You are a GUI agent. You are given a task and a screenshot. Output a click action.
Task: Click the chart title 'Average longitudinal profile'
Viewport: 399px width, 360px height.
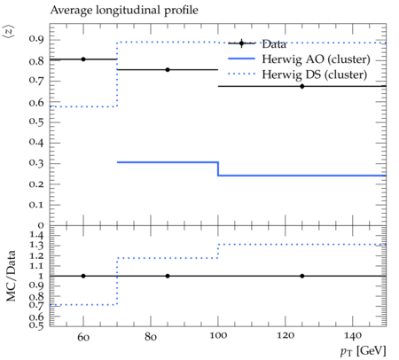coord(124,10)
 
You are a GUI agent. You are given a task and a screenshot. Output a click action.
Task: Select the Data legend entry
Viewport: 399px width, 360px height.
coord(257,43)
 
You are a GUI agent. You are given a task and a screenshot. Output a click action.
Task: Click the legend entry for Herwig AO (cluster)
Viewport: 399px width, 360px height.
coord(299,59)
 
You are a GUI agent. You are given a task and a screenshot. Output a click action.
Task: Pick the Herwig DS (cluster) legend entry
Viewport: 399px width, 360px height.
coord(298,74)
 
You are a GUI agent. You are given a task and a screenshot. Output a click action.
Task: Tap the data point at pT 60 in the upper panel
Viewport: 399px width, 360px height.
coord(83,59)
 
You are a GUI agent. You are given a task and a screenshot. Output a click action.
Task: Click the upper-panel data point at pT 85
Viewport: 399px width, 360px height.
coord(168,70)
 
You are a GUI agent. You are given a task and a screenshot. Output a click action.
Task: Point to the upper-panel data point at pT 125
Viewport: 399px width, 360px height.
coord(302,86)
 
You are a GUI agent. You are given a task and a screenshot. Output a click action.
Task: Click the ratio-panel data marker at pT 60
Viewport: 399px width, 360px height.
coord(83,276)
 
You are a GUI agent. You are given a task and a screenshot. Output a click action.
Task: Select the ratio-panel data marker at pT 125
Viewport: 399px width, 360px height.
coord(302,276)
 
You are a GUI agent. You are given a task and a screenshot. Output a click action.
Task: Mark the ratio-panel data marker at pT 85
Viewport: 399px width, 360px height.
coord(168,276)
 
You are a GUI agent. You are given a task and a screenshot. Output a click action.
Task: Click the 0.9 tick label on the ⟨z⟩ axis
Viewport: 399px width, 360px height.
coord(36,39)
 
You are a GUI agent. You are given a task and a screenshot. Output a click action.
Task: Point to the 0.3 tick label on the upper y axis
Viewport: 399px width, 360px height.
coord(36,163)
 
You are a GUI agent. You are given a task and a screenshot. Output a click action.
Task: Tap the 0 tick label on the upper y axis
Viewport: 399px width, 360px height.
coord(41,225)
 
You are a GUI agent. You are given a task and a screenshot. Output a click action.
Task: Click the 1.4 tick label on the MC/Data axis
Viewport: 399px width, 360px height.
coord(36,236)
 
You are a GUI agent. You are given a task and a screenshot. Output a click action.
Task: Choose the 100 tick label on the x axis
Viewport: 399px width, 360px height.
coord(218,336)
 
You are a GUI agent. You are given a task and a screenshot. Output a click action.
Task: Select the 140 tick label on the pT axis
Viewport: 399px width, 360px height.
coord(353,336)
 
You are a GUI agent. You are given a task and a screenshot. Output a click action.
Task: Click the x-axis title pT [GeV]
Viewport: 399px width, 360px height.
coord(364,351)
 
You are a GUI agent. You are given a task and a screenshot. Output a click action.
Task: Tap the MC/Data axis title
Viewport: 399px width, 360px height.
coord(12,276)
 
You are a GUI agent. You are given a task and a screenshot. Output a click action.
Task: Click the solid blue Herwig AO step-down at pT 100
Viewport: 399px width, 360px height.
coord(218,168)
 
